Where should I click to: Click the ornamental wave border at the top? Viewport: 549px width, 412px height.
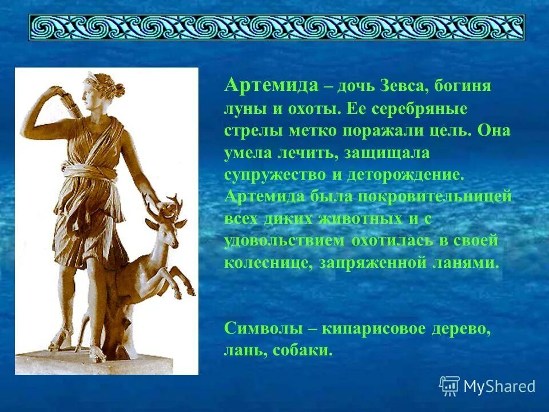coord(276,27)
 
